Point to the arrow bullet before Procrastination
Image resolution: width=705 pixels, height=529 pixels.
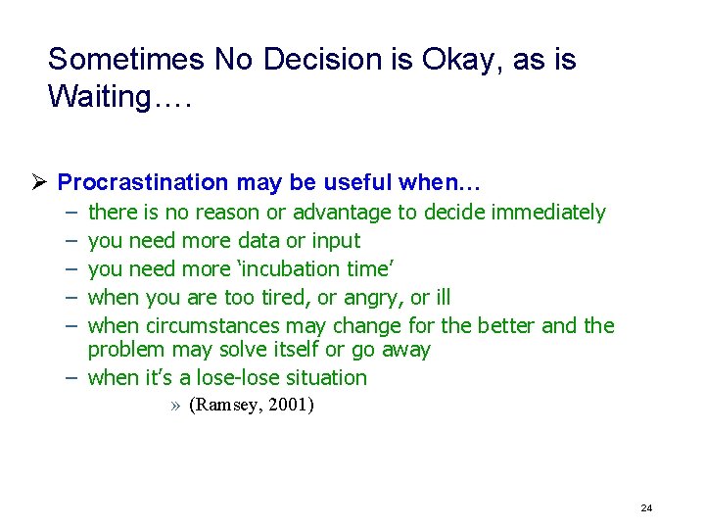pos(40,182)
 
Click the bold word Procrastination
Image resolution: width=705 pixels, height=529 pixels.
pos(143,182)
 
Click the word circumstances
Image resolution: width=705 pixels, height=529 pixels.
pos(210,326)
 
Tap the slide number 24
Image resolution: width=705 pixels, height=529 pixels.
pos(646,507)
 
